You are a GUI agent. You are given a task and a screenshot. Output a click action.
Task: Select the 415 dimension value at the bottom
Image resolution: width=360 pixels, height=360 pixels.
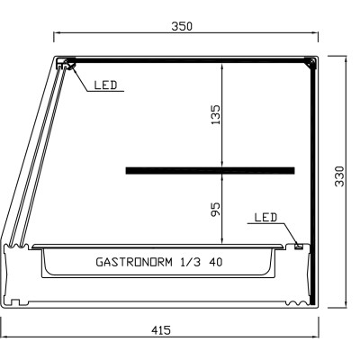161,331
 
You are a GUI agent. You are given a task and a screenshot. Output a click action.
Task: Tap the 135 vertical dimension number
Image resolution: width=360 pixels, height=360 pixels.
215,114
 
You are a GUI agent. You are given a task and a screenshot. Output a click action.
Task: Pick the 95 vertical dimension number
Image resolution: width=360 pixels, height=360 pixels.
215,209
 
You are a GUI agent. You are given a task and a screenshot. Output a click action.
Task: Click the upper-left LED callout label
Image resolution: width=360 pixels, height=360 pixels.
105,85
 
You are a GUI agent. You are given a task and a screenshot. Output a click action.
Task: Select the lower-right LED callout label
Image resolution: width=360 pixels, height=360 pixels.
265,218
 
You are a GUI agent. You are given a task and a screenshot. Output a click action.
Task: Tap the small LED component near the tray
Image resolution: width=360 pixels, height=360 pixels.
298,244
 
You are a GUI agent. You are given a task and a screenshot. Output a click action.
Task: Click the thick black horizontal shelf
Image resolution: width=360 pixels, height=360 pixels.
210,169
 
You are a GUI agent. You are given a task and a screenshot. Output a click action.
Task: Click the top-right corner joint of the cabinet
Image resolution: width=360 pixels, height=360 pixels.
310,62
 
